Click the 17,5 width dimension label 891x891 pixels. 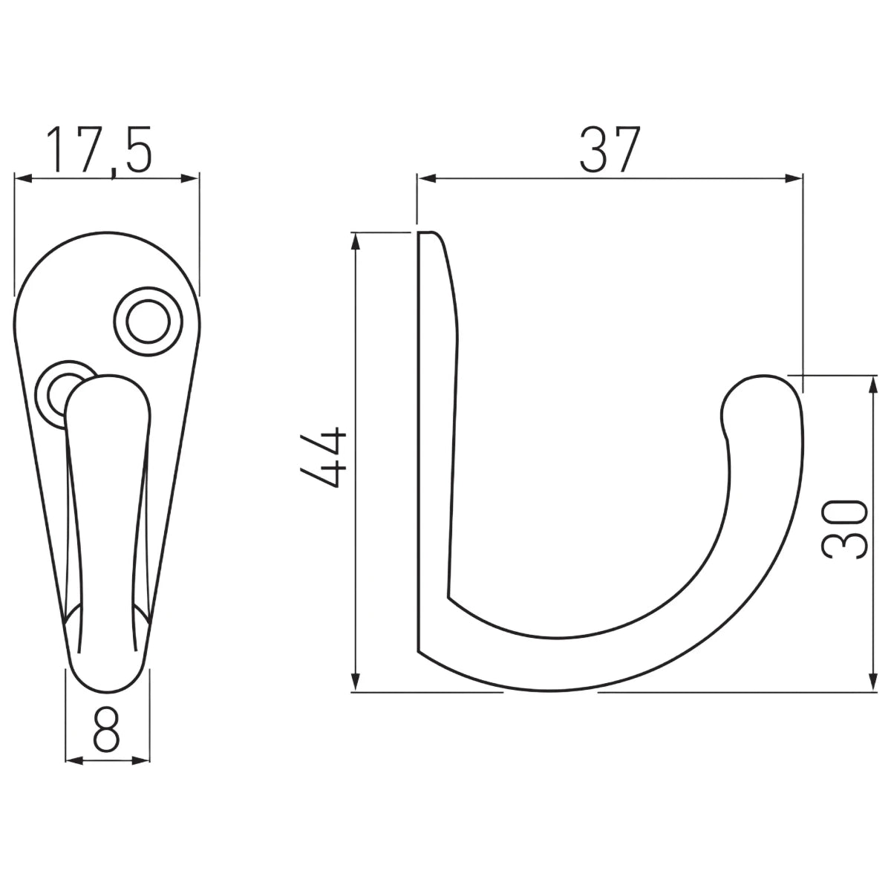pos(99,151)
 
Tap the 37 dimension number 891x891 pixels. pos(610,149)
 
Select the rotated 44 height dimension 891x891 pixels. pos(323,457)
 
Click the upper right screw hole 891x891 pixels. pos(148,322)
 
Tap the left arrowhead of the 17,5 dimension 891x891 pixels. pos(23,178)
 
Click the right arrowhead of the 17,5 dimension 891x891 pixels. pos(191,178)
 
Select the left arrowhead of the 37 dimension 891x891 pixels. pos(427,178)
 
